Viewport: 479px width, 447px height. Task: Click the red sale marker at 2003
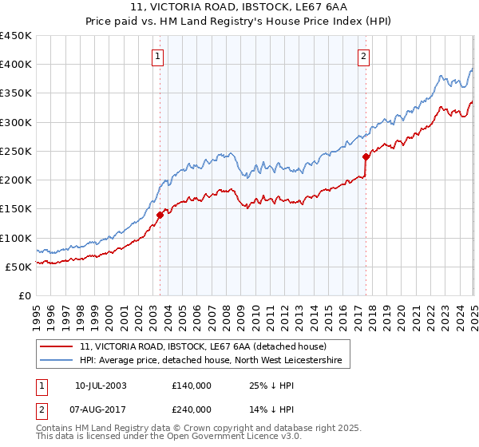[x=160, y=214]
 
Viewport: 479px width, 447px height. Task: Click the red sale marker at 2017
[x=366, y=156]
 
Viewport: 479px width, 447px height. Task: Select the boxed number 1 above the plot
[x=158, y=57]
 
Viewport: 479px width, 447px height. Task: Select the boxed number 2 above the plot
[x=363, y=57]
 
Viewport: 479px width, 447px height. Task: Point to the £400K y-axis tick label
[x=15, y=65]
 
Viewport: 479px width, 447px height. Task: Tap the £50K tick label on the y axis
[x=18, y=267]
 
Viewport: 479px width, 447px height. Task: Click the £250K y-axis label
[x=15, y=151]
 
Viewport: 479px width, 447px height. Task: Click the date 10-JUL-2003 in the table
[x=101, y=386]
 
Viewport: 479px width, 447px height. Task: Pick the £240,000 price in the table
[x=192, y=409]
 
